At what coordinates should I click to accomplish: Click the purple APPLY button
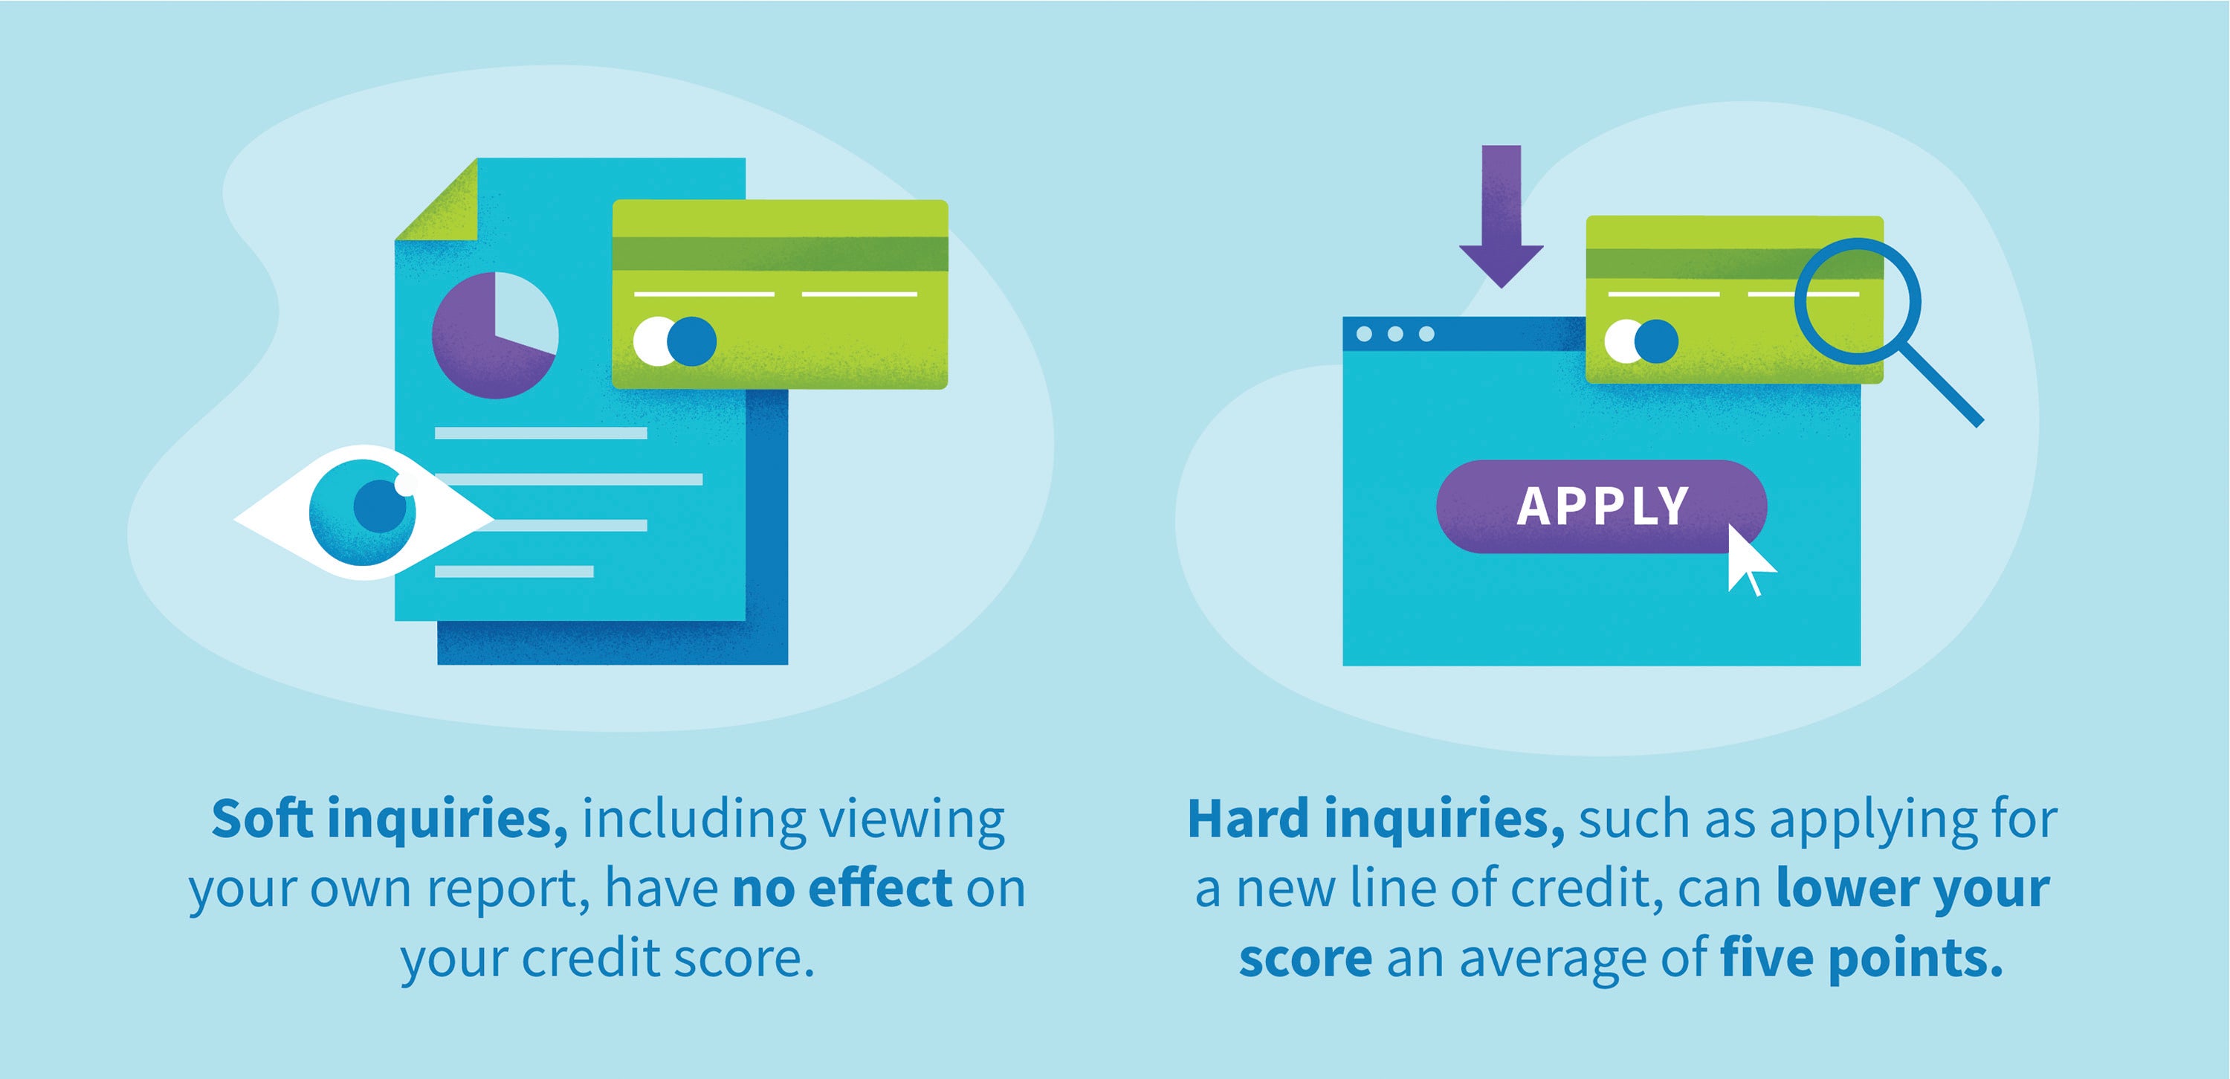click(x=1600, y=506)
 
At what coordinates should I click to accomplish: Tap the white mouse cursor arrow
click(x=1746, y=561)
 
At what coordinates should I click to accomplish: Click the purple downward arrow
click(x=1501, y=216)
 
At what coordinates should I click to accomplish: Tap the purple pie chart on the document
click(x=485, y=355)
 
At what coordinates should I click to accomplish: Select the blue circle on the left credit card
click(x=693, y=341)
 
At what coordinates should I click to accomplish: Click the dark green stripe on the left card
click(x=779, y=254)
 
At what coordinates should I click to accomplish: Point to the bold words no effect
click(x=842, y=889)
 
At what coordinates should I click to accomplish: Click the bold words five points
click(x=1861, y=959)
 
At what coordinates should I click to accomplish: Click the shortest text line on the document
click(x=514, y=572)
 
